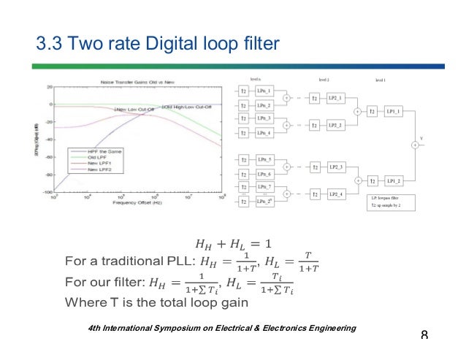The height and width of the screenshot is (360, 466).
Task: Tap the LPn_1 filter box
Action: (x=264, y=91)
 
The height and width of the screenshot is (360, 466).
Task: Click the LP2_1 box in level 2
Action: (x=335, y=97)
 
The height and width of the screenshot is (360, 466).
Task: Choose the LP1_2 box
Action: (x=394, y=180)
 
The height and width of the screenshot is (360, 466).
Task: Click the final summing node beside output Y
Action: (x=415, y=145)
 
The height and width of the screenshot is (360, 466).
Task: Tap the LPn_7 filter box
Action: (x=264, y=188)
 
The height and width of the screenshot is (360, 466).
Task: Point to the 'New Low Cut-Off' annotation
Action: (x=134, y=109)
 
